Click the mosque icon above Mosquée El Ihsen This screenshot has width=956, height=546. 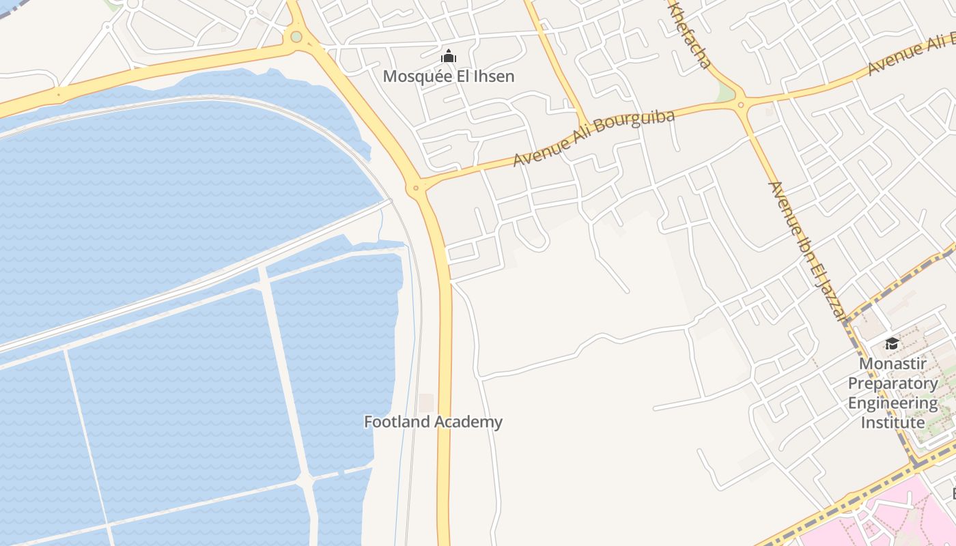(x=449, y=57)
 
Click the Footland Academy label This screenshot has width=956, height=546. (x=433, y=422)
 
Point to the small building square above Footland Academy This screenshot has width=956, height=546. (x=426, y=403)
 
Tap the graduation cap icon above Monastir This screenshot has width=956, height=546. (x=892, y=343)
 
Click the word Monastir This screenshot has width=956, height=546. (x=892, y=363)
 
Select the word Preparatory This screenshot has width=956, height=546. (x=892, y=383)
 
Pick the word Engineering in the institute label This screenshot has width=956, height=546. (x=892, y=403)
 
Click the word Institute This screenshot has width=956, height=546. (x=892, y=422)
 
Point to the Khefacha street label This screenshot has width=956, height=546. (x=691, y=38)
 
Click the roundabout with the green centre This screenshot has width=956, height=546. (x=296, y=37)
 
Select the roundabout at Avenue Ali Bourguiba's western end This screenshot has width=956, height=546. (x=415, y=187)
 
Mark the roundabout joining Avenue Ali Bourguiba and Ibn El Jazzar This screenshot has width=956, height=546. (x=741, y=104)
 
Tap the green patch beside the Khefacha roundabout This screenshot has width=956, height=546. (x=724, y=94)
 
